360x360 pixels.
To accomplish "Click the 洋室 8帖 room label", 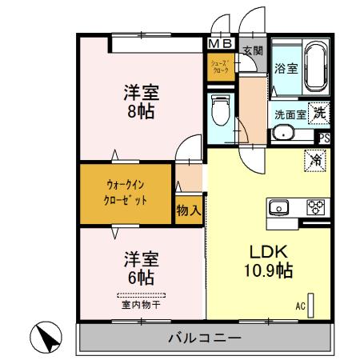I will [x=138, y=99].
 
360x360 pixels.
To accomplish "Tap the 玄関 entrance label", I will [x=253, y=50].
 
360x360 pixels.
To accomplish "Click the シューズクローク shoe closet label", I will [x=221, y=66].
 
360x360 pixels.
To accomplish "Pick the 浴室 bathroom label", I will [x=286, y=69].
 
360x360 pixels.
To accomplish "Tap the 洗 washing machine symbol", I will [x=319, y=113].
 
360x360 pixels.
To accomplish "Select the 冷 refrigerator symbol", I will [x=314, y=159].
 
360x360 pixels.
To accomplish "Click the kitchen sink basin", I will [x=280, y=207].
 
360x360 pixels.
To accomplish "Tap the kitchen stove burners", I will [x=315, y=206].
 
